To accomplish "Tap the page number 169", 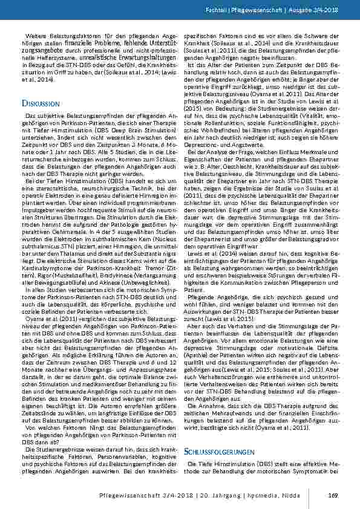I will [332, 496].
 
